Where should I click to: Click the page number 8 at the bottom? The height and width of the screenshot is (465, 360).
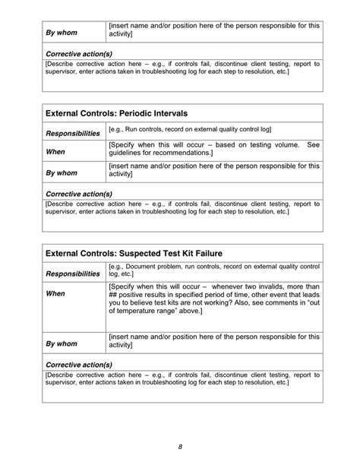[180, 447]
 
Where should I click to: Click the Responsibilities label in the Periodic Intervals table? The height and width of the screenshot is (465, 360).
[73, 133]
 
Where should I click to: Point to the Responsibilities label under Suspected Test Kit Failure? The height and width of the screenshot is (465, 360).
[73, 273]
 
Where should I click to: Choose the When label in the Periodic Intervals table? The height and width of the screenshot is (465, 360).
[56, 150]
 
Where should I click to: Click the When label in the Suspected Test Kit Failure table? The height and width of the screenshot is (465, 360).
[56, 293]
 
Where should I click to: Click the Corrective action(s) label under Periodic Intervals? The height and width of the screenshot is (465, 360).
[80, 193]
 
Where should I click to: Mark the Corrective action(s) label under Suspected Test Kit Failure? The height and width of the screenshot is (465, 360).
[80, 365]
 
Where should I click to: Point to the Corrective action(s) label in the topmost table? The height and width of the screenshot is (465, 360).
[80, 54]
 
